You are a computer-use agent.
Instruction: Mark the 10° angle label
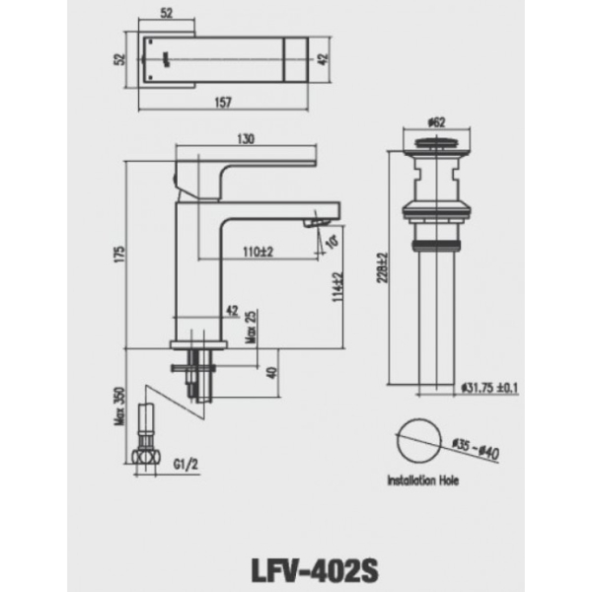pos(331,241)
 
